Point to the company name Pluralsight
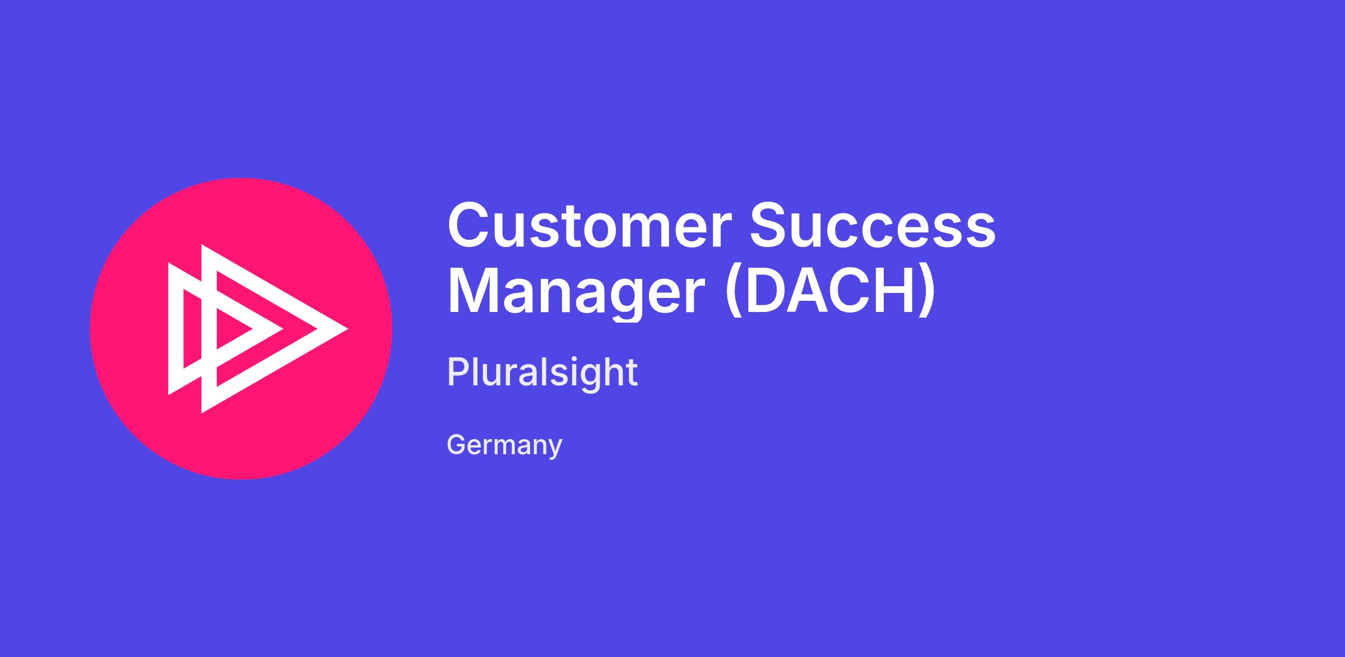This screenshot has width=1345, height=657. [542, 373]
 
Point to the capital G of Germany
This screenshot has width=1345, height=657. [457, 444]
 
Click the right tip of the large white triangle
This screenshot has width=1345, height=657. [347, 329]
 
